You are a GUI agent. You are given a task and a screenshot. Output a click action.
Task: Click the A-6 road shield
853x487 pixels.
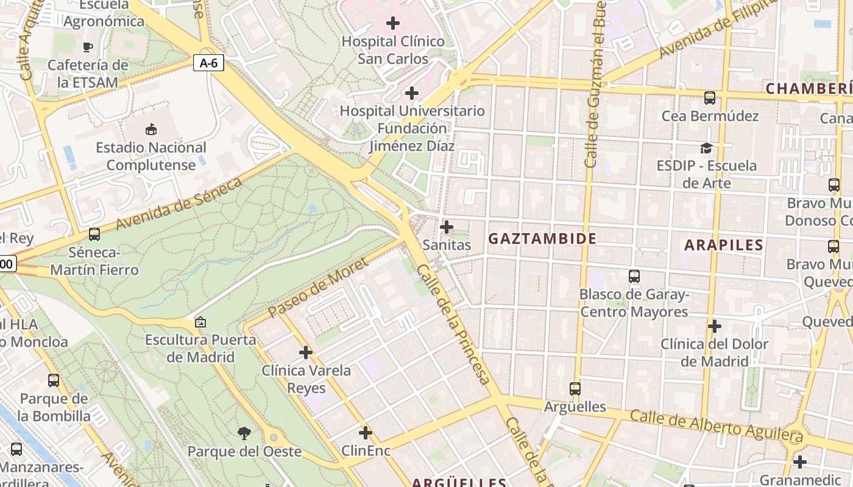(208, 62)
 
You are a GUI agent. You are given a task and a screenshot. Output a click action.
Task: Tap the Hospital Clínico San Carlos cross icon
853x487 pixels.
(393, 24)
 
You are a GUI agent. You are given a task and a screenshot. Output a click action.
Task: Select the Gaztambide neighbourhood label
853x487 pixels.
(542, 239)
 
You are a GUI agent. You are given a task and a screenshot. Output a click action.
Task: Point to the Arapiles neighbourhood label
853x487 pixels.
(723, 245)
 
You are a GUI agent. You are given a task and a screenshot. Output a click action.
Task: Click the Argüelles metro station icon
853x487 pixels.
(575, 388)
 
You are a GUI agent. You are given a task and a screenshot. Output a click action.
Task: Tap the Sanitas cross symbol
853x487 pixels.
(447, 227)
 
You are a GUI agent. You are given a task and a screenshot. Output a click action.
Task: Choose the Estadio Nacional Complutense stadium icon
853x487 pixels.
(150, 129)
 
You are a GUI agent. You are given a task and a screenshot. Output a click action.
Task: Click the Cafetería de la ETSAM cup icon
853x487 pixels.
(88, 47)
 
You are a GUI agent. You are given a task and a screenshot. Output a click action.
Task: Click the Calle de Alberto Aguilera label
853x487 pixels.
(716, 426)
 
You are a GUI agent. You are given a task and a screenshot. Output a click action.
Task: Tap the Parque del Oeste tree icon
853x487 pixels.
(244, 433)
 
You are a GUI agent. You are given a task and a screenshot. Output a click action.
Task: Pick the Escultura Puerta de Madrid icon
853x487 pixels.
(200, 321)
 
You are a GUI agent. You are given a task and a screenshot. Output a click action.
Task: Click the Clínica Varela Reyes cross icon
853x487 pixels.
(306, 352)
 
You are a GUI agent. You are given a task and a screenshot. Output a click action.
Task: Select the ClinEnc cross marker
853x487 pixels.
(366, 433)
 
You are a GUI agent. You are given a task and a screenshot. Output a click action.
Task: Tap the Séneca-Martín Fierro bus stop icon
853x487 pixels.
(94, 234)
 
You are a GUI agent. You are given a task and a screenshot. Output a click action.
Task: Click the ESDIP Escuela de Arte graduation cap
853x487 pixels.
(706, 148)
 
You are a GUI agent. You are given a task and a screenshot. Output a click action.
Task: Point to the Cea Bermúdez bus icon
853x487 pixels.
(709, 97)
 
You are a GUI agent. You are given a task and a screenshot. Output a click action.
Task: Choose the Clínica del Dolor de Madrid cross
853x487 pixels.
(714, 326)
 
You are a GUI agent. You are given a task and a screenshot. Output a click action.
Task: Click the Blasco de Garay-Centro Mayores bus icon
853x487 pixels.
(634, 276)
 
